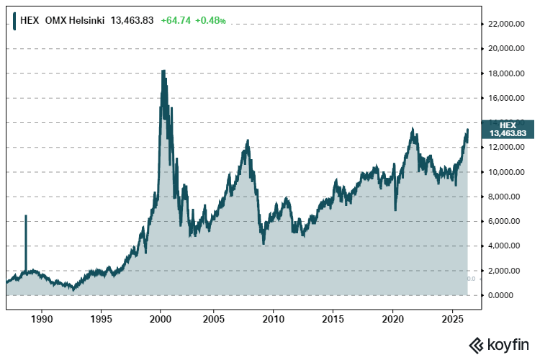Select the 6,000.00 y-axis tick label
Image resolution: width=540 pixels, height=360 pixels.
[x=506, y=221]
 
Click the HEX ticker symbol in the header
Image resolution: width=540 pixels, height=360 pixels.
[x=29, y=20]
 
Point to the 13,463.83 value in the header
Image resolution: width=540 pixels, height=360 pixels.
[x=132, y=20]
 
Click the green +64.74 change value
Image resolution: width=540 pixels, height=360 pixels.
[x=176, y=20]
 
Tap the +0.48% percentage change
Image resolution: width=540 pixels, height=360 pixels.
[x=212, y=20]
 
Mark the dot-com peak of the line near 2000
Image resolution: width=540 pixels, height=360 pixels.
[x=163, y=71]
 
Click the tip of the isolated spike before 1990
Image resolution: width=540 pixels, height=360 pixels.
[x=26, y=215]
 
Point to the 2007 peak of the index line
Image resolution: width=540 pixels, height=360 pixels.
[x=247, y=141]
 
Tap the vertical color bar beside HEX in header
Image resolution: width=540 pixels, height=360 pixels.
[x=14, y=20]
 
